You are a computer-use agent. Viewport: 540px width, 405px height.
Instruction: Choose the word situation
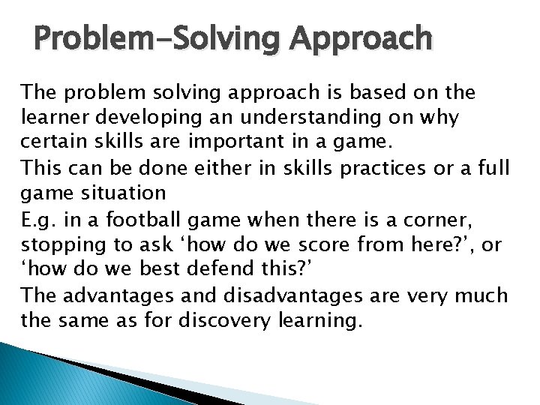coord(120,192)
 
